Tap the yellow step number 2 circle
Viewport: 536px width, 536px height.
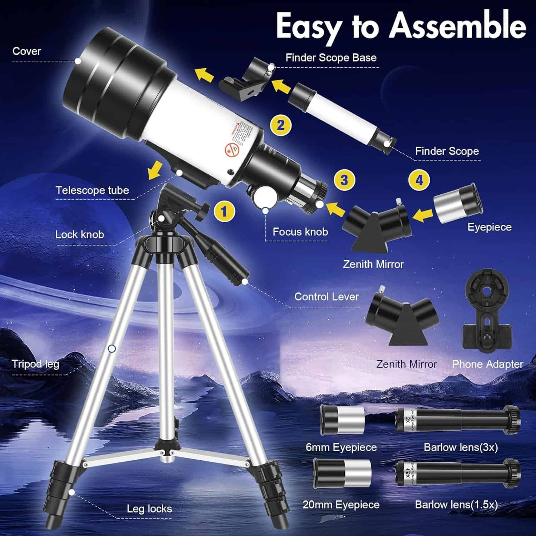coord(281,125)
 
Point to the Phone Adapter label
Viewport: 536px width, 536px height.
coord(487,364)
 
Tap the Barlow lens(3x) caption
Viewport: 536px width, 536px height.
coord(461,447)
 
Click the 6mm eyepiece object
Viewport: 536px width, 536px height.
coord(342,420)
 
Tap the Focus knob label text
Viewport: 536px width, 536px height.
coord(300,232)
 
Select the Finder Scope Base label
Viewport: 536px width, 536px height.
coord(331,58)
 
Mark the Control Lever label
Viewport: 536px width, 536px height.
coord(326,297)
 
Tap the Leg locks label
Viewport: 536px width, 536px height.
coord(149,509)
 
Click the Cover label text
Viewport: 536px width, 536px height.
coord(27,51)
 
